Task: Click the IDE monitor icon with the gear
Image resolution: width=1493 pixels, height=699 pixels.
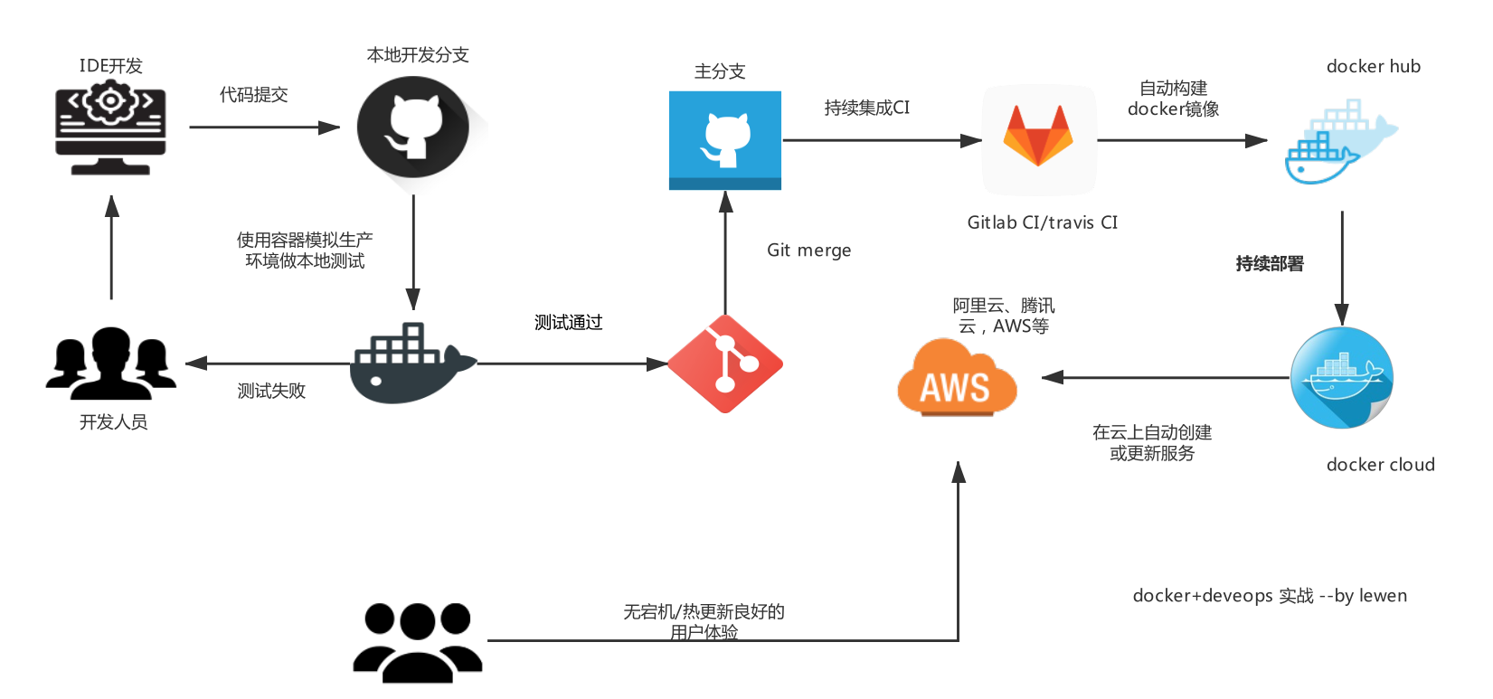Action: coord(110,129)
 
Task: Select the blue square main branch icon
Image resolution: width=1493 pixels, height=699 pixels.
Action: coord(724,140)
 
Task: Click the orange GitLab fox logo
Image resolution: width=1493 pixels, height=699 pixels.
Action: coord(1038,137)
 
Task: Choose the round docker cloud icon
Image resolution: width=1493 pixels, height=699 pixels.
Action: coord(1341,378)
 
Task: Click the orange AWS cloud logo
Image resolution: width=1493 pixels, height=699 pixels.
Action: coord(956,379)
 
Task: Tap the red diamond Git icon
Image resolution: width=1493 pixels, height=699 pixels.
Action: coord(725,364)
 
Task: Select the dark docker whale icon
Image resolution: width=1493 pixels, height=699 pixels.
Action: coord(411,364)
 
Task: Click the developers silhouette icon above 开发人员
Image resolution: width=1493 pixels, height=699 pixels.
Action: coord(111,364)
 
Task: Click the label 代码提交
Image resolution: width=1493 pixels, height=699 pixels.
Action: coord(254,95)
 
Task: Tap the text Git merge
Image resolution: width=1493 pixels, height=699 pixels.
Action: coord(808,250)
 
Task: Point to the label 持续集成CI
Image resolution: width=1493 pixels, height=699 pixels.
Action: coord(866,108)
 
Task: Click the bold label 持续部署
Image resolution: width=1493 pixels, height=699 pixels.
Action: coord(1270,264)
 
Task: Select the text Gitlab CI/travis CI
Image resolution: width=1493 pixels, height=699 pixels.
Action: coord(1042,222)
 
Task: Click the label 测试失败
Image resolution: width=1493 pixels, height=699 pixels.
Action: coord(271,391)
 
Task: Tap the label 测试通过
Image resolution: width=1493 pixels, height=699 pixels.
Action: coord(568,322)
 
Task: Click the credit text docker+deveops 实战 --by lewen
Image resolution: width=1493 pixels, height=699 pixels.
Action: coord(1270,596)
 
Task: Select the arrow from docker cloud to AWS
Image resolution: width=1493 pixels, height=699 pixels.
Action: coord(1167,377)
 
